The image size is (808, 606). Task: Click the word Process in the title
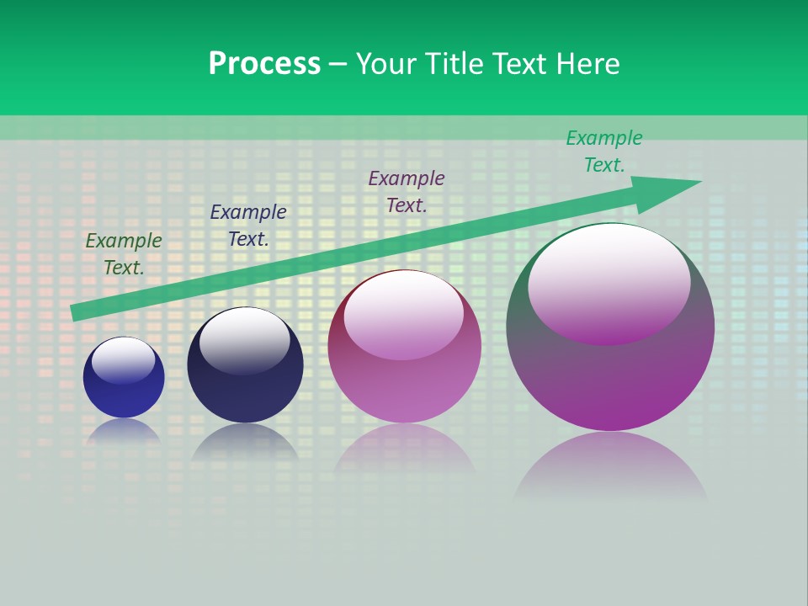click(x=264, y=64)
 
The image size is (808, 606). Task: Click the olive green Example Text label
click(x=124, y=254)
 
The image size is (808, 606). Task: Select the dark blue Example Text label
click(x=247, y=226)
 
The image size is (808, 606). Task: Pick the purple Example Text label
click(x=407, y=192)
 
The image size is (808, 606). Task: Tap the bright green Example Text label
click(x=603, y=151)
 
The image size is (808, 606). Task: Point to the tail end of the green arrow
click(x=76, y=312)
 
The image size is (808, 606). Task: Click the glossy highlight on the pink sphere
click(x=403, y=313)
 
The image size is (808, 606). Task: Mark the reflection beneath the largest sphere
click(x=610, y=467)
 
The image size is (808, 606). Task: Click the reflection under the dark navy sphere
click(x=244, y=442)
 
